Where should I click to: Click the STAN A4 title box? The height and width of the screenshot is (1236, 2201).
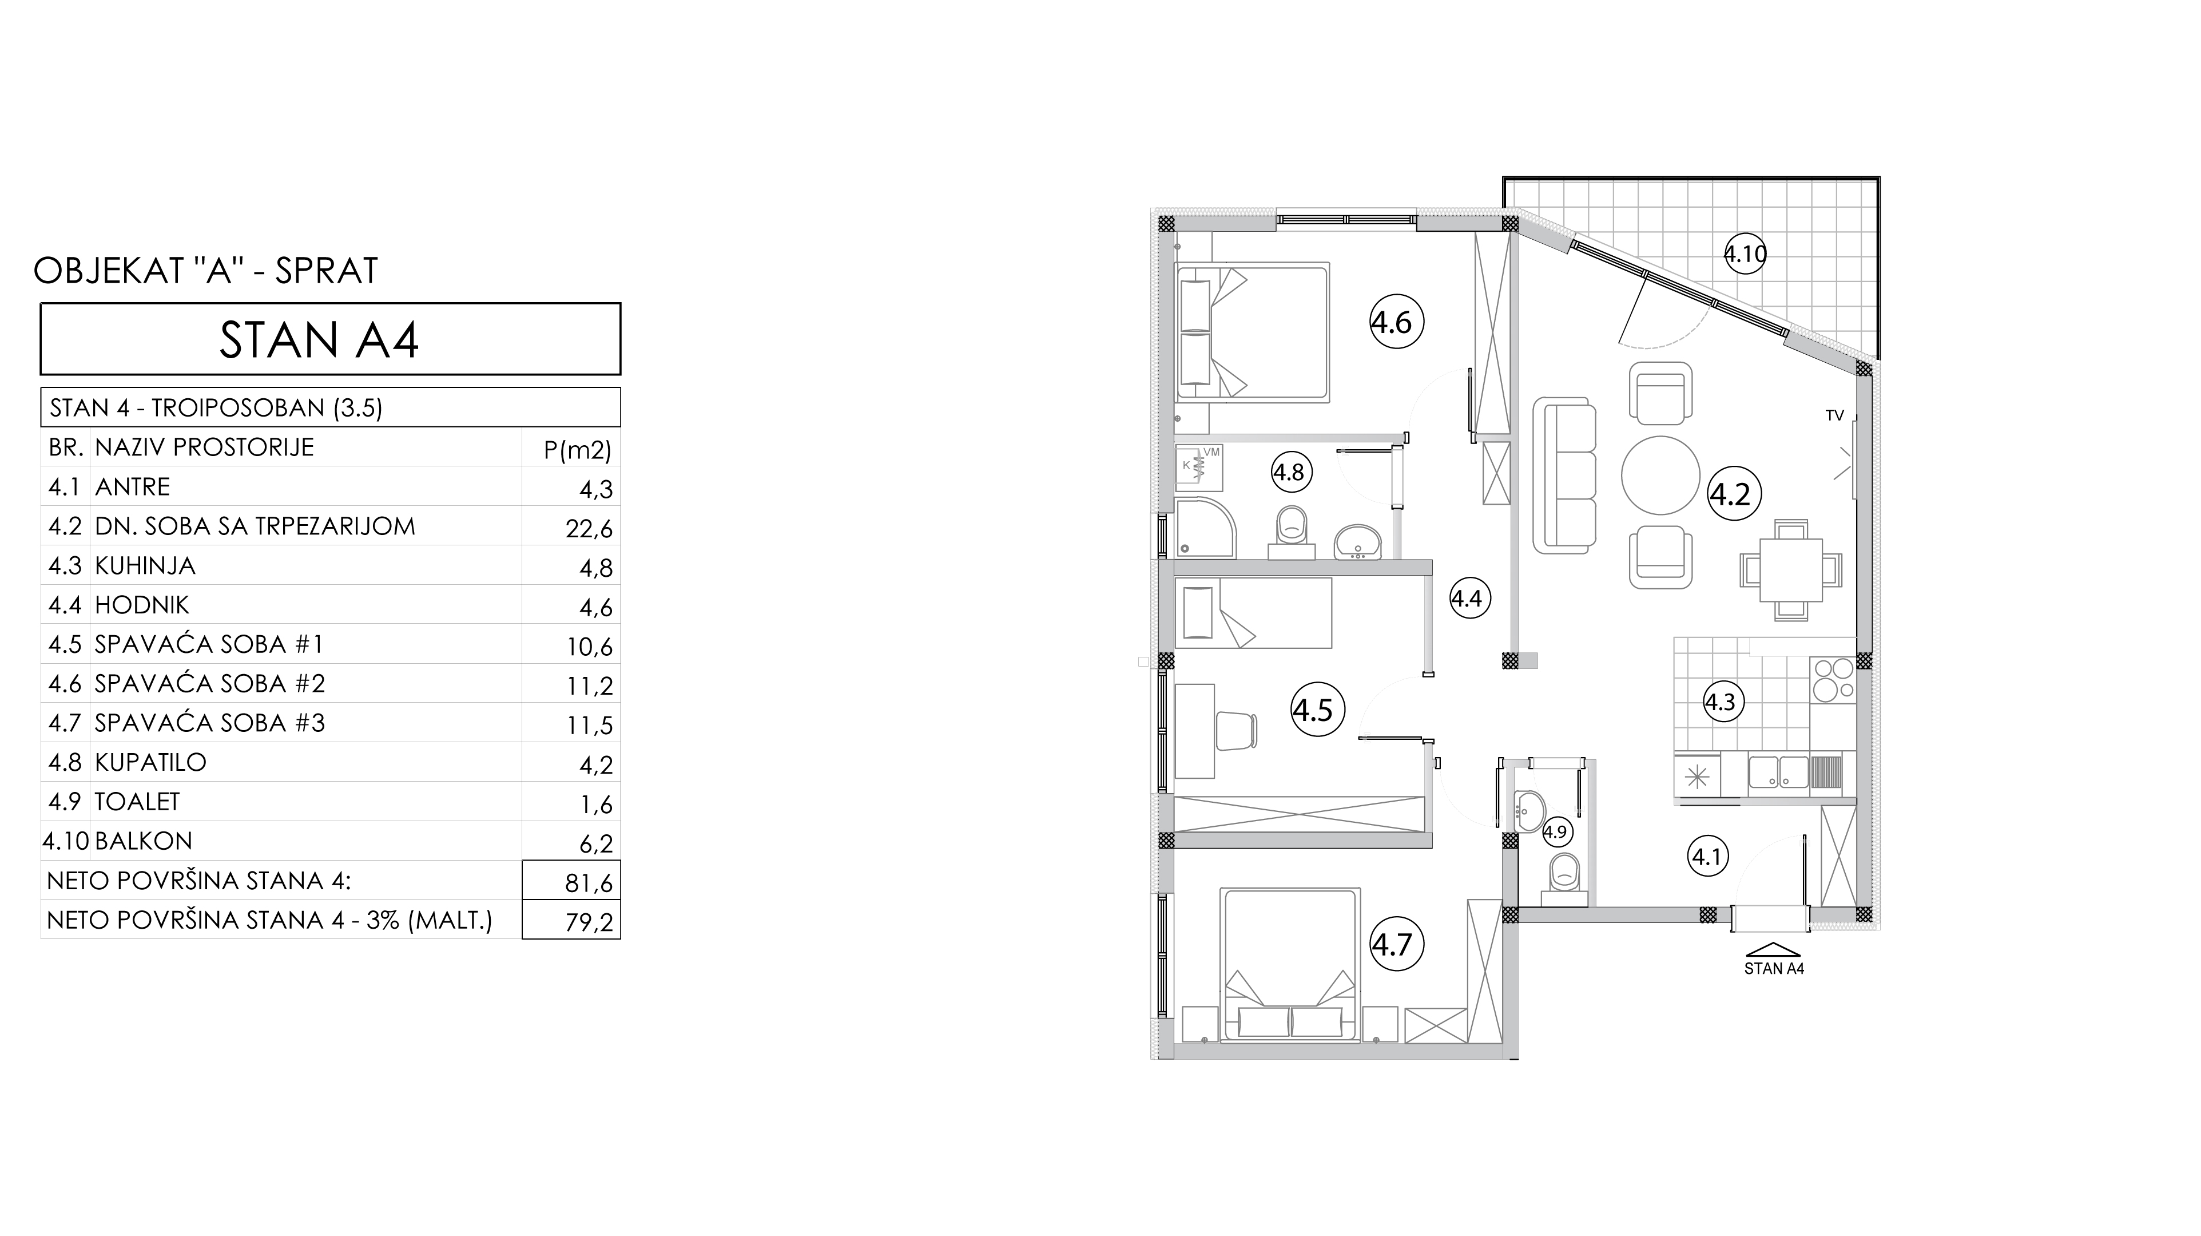pyautogui.click(x=331, y=339)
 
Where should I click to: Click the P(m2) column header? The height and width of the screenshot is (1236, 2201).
pyautogui.click(x=578, y=450)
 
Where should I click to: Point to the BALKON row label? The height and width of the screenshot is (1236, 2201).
pyautogui.click(x=144, y=841)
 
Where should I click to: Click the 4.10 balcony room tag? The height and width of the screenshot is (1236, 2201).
pyautogui.click(x=1745, y=254)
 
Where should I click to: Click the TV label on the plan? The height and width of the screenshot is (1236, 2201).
pyautogui.click(x=1834, y=416)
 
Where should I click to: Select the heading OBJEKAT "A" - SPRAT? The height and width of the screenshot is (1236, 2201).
pyautogui.click(x=205, y=271)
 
